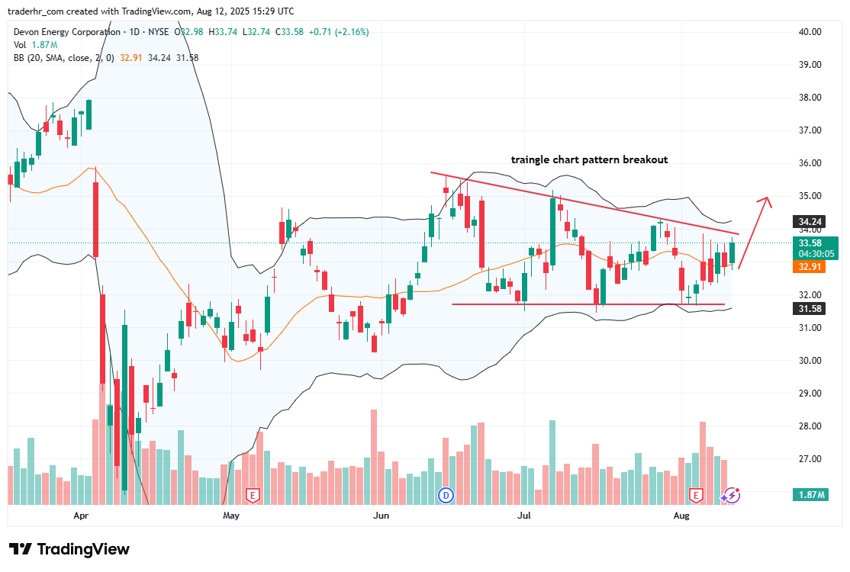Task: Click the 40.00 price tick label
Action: [x=810, y=32]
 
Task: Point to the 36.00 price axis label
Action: [x=810, y=163]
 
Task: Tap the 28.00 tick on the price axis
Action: [x=810, y=426]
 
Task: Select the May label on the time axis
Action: [x=231, y=516]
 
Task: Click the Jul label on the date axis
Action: [x=524, y=516]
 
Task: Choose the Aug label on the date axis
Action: [x=682, y=516]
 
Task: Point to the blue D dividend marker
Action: [x=446, y=496]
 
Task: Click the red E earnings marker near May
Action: [x=253, y=496]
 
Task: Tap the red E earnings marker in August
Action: [x=696, y=496]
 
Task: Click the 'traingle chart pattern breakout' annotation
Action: [x=589, y=160]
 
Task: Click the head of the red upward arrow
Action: [x=765, y=201]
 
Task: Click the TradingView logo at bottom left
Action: [x=69, y=549]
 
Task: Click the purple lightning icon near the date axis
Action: [x=731, y=496]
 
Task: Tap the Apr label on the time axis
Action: [x=82, y=516]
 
